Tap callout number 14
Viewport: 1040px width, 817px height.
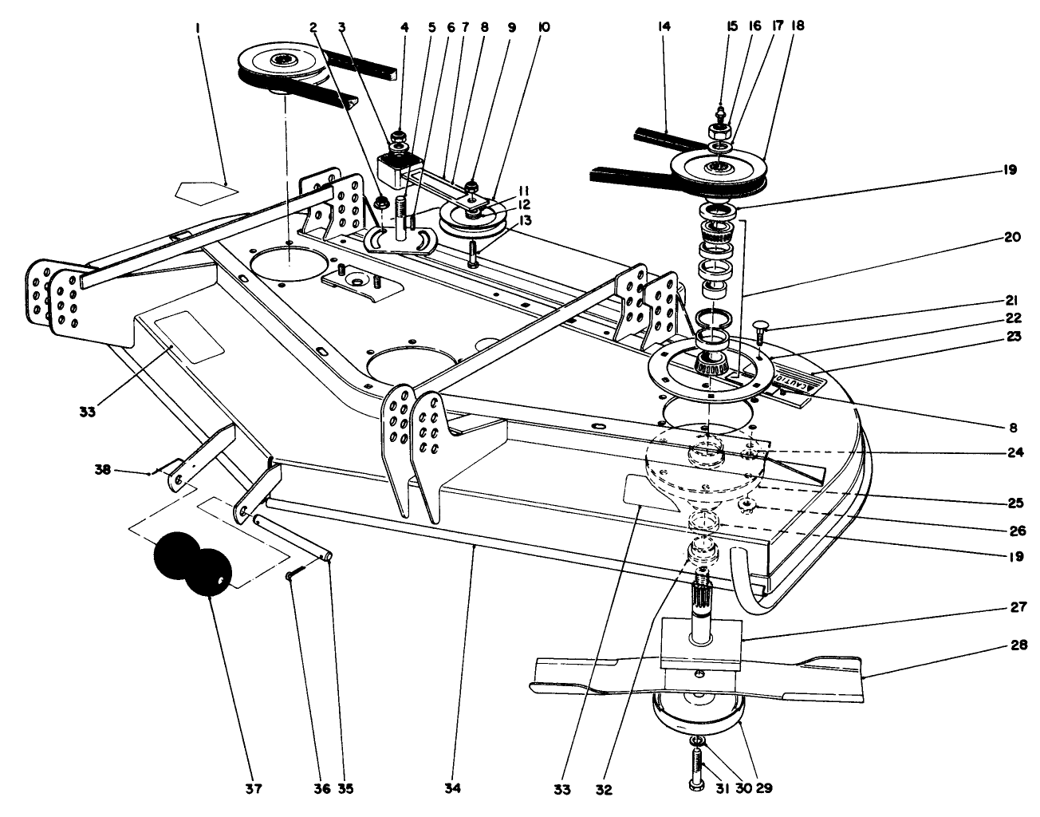click(x=664, y=26)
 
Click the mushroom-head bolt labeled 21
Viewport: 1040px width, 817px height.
click(x=759, y=328)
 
